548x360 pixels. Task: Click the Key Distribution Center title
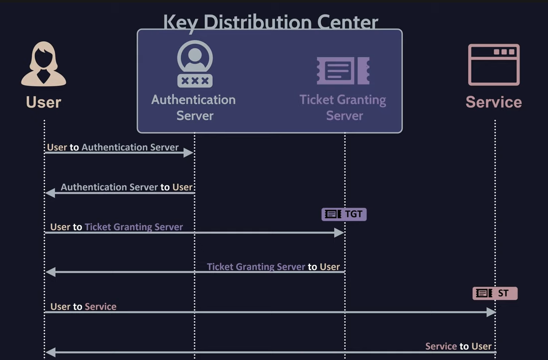(x=270, y=22)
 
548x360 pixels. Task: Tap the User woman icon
(x=43, y=64)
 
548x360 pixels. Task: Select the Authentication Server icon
(x=195, y=64)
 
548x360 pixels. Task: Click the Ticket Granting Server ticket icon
(x=343, y=70)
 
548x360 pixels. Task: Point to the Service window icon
(x=494, y=65)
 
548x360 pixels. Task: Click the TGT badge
(x=344, y=214)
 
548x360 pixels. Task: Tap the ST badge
(x=495, y=293)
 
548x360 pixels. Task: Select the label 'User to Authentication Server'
(x=113, y=147)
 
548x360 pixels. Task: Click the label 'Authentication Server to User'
(x=127, y=187)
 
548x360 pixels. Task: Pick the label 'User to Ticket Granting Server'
(x=116, y=227)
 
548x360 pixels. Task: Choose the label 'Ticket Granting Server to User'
(x=273, y=266)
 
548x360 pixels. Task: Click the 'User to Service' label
(x=83, y=306)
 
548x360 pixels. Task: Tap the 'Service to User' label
(x=458, y=346)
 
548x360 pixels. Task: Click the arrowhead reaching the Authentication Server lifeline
(x=189, y=152)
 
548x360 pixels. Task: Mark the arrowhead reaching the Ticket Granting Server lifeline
(x=339, y=232)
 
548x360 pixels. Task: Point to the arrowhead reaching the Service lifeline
(x=491, y=312)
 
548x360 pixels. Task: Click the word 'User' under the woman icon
(x=43, y=102)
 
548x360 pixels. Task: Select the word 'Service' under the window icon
(x=494, y=102)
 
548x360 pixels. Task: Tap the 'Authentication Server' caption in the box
(x=194, y=107)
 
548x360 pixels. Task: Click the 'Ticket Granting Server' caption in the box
(x=343, y=107)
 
